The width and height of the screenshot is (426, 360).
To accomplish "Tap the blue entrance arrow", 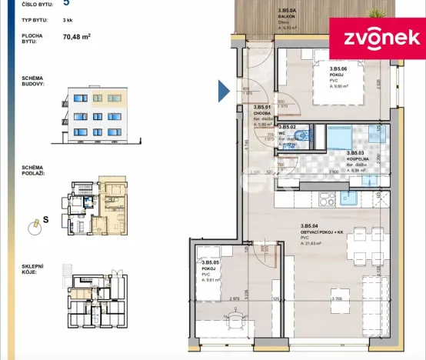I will pyautogui.click(x=224, y=92).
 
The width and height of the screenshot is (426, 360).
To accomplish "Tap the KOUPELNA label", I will pyautogui.click(x=359, y=159).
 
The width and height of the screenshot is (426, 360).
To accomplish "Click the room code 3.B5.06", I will pyautogui.click(x=318, y=68).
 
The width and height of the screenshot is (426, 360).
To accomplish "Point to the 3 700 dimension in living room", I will pyautogui.click(x=335, y=298).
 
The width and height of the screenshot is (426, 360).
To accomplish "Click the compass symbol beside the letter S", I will pyautogui.click(x=33, y=224).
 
